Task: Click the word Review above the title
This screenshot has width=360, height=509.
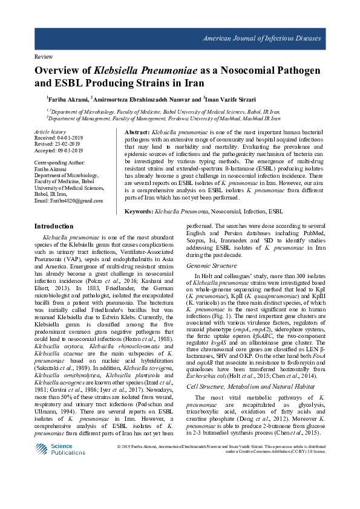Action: (45, 56)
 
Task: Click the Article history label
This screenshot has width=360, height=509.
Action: (50, 131)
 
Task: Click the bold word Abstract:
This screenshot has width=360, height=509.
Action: (137, 132)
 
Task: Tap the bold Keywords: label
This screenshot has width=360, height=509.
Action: (139, 212)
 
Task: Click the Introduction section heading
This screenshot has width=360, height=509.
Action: (54, 226)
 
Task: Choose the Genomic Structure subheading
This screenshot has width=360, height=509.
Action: (212, 265)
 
